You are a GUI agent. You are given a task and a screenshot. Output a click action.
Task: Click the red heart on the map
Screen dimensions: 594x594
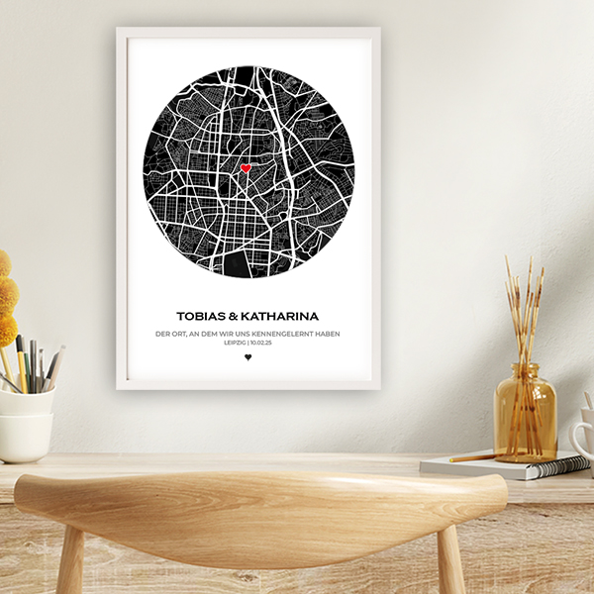[246, 168]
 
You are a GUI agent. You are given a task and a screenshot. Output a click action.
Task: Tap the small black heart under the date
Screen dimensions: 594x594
[247, 357]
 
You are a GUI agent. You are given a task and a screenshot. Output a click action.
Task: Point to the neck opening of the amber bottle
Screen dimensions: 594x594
[524, 367]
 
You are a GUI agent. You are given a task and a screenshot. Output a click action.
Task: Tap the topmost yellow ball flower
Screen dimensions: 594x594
[4, 262]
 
